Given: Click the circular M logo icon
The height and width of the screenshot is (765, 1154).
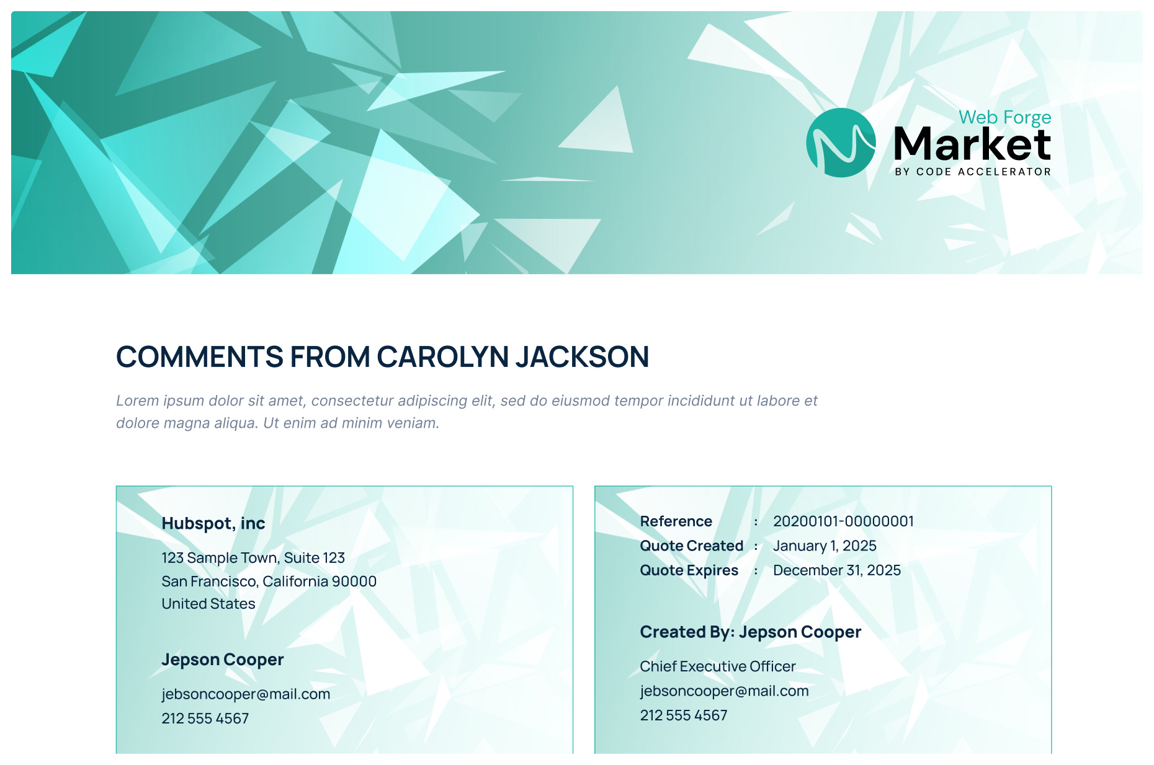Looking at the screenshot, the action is point(841,143).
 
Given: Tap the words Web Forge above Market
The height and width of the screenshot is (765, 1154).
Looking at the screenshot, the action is point(1004,117).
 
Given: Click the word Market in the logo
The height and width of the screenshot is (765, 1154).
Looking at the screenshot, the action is point(972,144).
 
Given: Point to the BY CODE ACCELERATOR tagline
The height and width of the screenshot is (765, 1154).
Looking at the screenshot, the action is point(973,172).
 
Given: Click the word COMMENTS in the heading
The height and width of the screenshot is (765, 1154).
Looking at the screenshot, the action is point(199,357).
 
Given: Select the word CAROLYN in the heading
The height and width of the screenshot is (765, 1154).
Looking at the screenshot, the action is point(442,357).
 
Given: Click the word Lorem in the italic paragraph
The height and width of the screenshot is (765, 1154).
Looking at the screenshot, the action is point(137,400).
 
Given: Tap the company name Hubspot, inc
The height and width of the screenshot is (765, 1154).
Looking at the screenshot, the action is point(213,523).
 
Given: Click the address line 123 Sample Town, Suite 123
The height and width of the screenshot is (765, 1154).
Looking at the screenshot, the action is point(253,558).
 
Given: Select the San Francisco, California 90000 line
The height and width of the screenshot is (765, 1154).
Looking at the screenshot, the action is point(269,581).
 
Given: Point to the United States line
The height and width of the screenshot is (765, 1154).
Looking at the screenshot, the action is point(208,604).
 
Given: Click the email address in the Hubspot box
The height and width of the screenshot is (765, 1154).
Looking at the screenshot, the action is point(246,694).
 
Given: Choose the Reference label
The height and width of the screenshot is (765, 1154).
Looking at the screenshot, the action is point(676,521).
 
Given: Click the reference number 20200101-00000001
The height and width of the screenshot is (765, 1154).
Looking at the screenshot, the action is point(843,521).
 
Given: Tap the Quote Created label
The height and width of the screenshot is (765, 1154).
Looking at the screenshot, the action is point(691,546).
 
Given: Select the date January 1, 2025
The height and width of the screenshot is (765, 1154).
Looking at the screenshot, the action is point(825,546).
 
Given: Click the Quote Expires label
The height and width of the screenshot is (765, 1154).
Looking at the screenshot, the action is point(689,570).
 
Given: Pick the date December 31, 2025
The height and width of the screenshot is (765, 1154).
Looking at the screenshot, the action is point(837,570).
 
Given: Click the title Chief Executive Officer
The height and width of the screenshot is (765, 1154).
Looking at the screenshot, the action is point(718,666).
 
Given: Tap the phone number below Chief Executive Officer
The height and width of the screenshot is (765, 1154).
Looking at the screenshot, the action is point(684,715).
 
